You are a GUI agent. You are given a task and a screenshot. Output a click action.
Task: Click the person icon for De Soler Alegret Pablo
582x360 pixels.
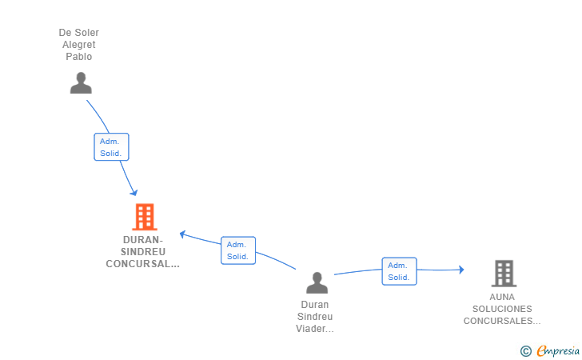click(81, 82)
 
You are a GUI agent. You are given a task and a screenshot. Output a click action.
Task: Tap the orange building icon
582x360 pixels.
click(145, 216)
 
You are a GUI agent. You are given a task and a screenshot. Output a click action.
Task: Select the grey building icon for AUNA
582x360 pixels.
click(503, 274)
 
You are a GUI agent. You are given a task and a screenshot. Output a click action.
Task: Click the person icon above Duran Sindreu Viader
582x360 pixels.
click(317, 283)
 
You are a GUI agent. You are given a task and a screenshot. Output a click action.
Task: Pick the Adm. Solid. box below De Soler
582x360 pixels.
click(111, 146)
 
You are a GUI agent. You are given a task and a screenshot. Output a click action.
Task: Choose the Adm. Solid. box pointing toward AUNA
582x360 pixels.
click(399, 271)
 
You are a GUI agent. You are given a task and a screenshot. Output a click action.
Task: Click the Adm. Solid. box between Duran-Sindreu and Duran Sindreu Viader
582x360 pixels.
click(237, 250)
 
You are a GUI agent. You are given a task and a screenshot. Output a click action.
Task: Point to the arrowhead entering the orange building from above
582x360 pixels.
click(134, 192)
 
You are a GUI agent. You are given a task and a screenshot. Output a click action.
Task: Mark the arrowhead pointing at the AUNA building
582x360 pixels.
click(460, 270)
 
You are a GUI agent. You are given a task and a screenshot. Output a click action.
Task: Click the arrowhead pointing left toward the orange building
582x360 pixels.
click(183, 234)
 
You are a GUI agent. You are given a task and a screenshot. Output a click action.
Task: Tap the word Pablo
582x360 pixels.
click(79, 57)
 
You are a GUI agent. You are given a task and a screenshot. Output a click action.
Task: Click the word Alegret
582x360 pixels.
click(79, 45)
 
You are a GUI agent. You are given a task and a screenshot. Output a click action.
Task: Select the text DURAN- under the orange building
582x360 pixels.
click(143, 239)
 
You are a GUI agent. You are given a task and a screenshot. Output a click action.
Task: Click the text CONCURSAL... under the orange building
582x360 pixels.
click(142, 263)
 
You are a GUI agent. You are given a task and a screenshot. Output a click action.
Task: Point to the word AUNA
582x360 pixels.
click(503, 297)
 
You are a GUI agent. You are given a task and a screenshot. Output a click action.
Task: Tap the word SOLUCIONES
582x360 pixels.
click(502, 309)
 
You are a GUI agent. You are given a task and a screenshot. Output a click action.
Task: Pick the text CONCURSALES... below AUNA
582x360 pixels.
click(502, 321)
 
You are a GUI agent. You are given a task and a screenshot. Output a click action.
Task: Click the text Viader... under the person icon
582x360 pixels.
click(315, 328)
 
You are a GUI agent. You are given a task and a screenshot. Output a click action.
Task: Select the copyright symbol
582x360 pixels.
click(525, 350)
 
